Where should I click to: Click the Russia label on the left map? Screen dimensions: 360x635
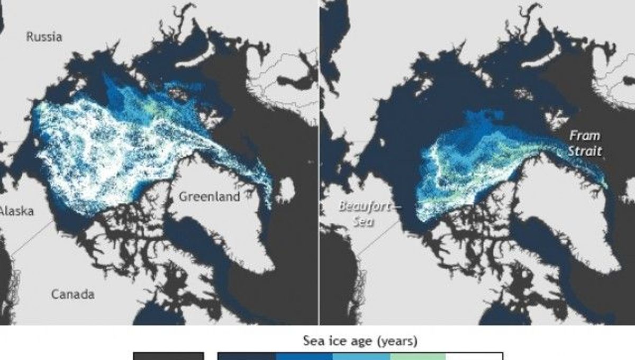(x=44, y=37)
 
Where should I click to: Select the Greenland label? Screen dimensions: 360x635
(x=209, y=196)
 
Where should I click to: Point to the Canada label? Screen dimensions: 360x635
(x=73, y=294)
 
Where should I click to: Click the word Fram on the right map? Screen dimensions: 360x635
(x=585, y=136)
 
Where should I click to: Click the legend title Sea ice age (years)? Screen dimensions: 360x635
(x=359, y=341)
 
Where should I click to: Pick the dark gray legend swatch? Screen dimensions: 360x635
(x=168, y=356)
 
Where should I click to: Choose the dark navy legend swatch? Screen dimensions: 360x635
(x=247, y=356)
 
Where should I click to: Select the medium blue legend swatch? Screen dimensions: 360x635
(x=304, y=356)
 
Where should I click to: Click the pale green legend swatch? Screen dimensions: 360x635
(x=418, y=356)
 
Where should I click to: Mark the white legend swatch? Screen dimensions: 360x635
(x=474, y=356)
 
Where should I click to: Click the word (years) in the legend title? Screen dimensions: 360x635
(x=400, y=341)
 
